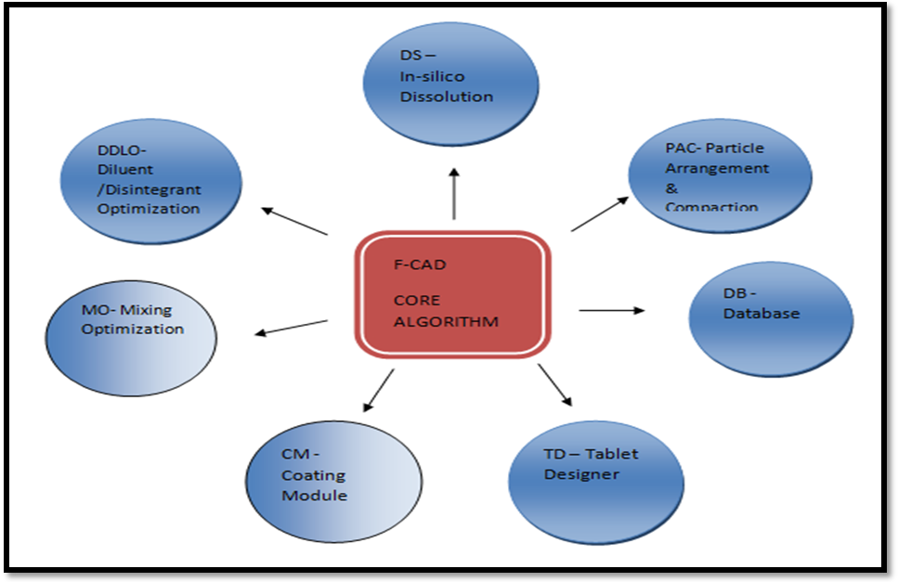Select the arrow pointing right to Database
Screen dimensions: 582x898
coord(611,310)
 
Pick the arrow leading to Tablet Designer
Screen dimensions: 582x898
coord(555,384)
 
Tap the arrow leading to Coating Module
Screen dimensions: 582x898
coord(378,390)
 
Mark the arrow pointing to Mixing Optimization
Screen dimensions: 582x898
coord(292,327)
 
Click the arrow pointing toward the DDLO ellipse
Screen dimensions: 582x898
coord(294,221)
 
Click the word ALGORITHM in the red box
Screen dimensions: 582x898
coord(446,322)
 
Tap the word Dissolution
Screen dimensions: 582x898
coord(446,96)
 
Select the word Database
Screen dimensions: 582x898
coord(761,314)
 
